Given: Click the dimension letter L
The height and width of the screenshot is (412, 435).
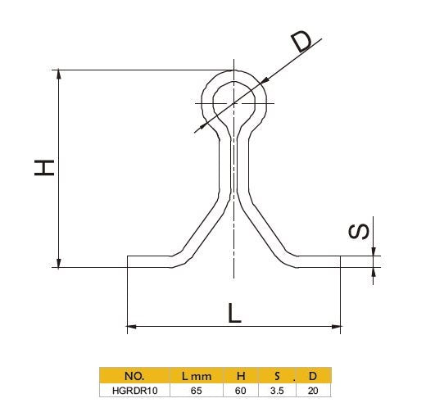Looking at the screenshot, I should [234, 313].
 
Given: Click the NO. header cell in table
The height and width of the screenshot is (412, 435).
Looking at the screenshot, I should [134, 376].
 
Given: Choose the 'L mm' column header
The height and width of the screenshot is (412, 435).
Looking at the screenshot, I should [197, 376].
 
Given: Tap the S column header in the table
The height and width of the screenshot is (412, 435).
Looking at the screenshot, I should [278, 376].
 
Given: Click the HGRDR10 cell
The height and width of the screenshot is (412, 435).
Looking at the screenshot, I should [134, 391].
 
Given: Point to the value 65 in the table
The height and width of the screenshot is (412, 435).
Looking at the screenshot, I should [197, 391].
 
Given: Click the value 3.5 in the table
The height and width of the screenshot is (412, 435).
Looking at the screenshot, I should [278, 391].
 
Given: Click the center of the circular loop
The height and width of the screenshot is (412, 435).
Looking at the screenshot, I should [235, 102].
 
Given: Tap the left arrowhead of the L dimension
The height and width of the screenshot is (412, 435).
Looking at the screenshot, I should [132, 327].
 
